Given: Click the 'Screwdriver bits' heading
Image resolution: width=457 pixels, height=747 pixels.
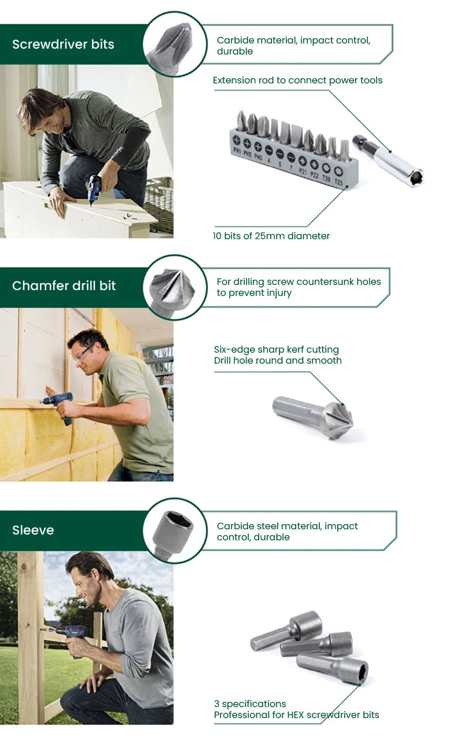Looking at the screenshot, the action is click(63, 45).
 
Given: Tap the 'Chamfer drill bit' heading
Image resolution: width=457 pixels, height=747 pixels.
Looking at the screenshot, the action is click(64, 286).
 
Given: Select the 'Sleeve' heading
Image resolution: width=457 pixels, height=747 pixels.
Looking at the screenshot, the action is click(33, 530).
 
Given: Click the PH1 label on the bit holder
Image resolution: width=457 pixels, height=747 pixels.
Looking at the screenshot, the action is click(237, 151).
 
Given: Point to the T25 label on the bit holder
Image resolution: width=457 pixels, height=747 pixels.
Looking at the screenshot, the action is click(338, 182).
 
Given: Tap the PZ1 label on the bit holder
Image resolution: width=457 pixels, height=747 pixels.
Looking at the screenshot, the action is click(303, 171).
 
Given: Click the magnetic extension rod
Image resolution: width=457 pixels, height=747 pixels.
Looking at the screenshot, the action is click(388, 161).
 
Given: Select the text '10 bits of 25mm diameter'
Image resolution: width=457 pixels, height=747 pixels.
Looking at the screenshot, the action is click(271, 236).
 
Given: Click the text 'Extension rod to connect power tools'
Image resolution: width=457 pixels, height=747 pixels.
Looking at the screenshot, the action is click(297, 80).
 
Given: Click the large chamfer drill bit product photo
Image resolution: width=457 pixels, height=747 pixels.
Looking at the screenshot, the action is click(313, 417).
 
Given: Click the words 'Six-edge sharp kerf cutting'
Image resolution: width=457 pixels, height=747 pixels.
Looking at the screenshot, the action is click(277, 350).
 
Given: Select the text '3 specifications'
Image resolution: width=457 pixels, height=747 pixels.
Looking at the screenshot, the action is click(250, 704).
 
